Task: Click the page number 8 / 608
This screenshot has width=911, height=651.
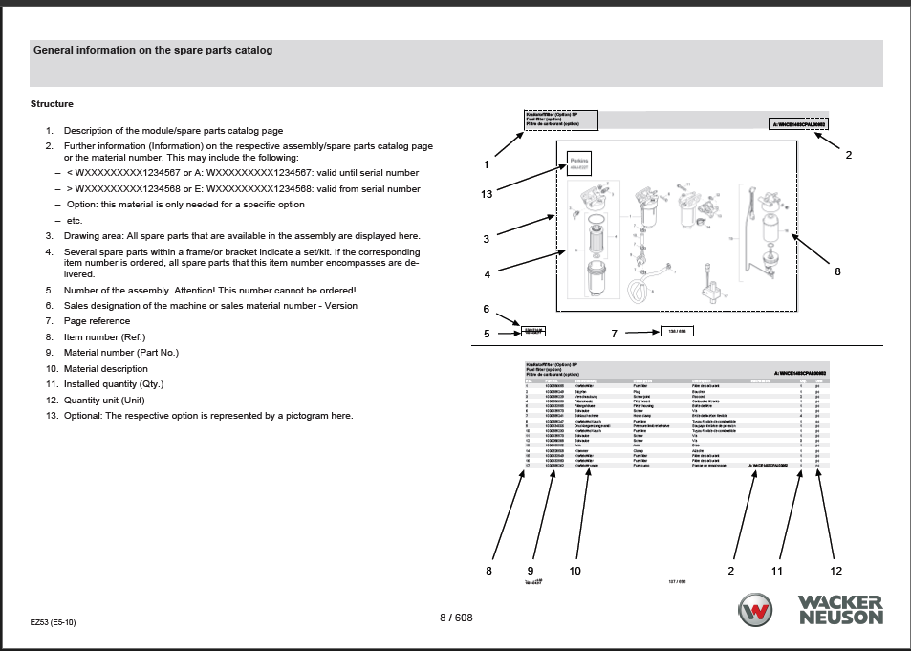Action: (456, 618)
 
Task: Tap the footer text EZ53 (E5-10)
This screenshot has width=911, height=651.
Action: (53, 622)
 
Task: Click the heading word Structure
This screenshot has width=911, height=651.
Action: (52, 104)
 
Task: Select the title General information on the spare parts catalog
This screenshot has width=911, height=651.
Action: (153, 50)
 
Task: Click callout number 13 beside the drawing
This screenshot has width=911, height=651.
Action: (487, 194)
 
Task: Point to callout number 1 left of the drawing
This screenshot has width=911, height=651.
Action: (486, 164)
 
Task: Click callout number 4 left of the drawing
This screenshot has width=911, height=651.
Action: (487, 274)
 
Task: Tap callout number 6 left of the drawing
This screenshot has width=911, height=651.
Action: (486, 309)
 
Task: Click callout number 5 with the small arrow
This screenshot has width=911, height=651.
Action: (487, 334)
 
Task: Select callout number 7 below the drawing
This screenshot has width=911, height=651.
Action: (615, 333)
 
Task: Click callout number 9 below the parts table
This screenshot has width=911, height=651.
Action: (531, 571)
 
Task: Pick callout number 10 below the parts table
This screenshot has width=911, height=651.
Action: (575, 571)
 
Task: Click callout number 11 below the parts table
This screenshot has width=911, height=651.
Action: (777, 571)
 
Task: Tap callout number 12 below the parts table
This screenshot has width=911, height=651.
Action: (836, 571)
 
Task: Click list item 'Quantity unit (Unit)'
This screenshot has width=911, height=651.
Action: (104, 400)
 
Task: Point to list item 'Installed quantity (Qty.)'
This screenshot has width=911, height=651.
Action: (114, 384)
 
